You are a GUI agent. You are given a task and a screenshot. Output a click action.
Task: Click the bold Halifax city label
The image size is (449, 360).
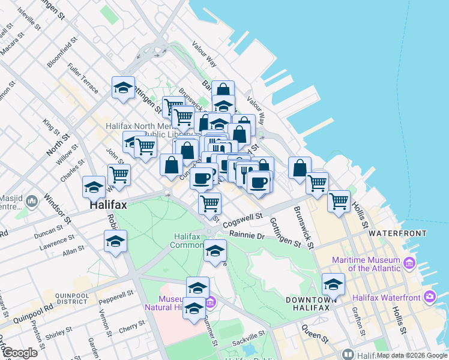coord(108,205)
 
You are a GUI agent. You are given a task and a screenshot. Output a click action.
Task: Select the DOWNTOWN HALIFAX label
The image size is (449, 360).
coord(308,304)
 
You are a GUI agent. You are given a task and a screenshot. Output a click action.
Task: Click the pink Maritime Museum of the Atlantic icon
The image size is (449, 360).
coord(409,263)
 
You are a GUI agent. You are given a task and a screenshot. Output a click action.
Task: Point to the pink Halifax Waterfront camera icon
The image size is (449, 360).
coord(429,296)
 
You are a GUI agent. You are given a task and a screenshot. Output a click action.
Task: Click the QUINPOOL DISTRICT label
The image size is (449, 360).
coord(71,299)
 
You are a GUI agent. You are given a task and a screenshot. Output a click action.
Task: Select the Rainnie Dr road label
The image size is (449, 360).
coord(247,235)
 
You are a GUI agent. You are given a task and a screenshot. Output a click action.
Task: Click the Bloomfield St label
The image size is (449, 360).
coord(61,52)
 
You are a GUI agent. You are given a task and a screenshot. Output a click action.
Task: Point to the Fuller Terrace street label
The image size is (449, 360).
coord(83,79)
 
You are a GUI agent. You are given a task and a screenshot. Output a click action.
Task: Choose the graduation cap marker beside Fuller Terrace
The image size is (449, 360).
coord(123,88)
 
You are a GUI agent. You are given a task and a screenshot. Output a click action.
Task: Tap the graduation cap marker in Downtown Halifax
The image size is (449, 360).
coord(333,284)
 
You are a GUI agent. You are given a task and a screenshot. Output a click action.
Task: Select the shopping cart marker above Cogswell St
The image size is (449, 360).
coord(209,203)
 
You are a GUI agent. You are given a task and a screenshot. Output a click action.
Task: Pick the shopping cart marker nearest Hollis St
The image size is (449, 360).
coord(339,200)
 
